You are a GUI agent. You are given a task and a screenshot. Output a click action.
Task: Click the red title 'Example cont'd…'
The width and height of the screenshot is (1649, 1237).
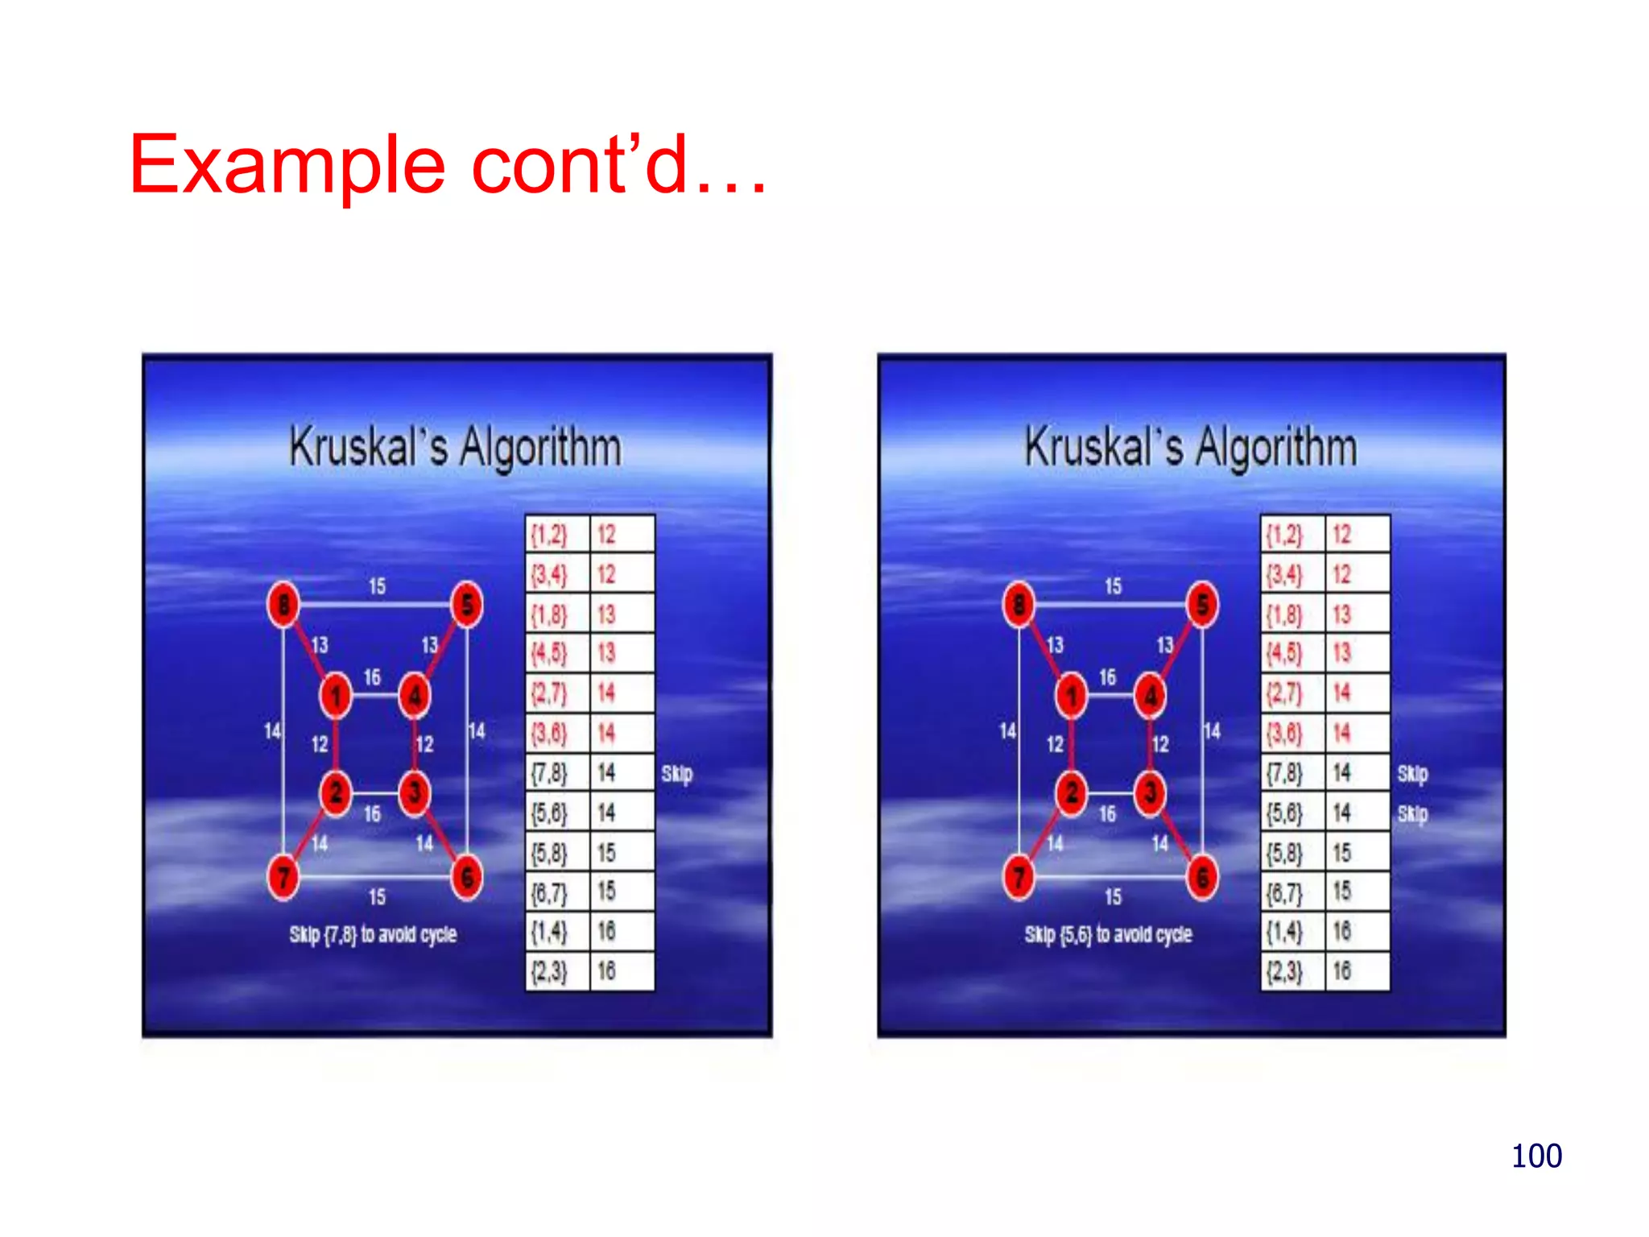[x=448, y=165]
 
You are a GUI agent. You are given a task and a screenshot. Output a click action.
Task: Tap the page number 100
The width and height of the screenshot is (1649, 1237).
[x=1535, y=1156]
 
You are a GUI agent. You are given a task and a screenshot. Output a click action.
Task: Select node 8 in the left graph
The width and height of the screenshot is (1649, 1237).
[x=283, y=604]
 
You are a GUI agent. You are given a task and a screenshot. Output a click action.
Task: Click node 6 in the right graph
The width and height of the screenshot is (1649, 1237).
[x=1202, y=877]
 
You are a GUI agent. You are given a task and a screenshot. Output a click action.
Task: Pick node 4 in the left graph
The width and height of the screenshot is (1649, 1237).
[x=415, y=696]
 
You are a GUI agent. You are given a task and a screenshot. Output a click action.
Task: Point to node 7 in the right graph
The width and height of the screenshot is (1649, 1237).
[x=1019, y=877]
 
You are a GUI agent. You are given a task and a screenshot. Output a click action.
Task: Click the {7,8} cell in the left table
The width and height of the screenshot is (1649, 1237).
[x=550, y=773]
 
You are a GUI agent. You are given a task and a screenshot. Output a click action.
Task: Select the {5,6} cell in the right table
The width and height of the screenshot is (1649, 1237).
[x=1285, y=813]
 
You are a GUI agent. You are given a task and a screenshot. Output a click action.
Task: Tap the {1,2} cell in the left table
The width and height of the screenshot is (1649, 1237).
[x=550, y=534]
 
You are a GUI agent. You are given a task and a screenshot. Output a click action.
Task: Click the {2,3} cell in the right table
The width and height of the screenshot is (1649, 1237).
[x=1285, y=972]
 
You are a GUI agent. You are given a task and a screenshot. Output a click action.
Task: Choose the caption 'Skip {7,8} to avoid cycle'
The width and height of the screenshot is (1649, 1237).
[x=373, y=934]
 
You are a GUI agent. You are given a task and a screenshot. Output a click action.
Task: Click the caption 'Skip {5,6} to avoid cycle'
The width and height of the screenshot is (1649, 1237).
[x=1108, y=934]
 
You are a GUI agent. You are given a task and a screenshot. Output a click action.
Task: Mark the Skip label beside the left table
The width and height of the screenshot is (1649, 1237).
[x=676, y=774]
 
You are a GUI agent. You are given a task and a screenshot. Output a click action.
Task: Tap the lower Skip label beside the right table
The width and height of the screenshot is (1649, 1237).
[x=1412, y=814]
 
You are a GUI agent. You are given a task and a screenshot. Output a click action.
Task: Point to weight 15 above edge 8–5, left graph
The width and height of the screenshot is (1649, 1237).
[x=377, y=586]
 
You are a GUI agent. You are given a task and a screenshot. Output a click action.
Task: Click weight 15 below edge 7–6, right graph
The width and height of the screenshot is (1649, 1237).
[x=1113, y=896]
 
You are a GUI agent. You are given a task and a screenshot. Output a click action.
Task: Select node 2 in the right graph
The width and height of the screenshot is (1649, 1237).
[x=1071, y=793]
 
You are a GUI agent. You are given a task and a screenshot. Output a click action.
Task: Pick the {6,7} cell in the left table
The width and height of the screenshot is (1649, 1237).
[x=550, y=892]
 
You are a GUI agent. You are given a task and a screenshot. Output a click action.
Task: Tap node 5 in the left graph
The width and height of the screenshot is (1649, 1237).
[x=467, y=604]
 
